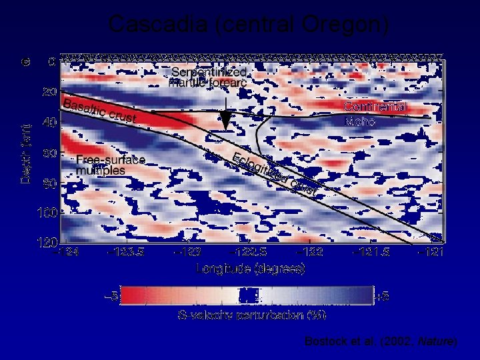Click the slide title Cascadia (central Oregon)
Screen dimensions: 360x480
[248, 25]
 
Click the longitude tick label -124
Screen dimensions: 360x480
[67, 252]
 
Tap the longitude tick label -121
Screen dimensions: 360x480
[430, 252]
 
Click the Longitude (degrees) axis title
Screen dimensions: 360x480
[251, 269]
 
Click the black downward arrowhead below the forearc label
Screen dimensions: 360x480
[227, 121]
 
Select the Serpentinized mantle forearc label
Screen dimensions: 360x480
[209, 77]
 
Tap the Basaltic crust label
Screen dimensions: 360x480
[100, 111]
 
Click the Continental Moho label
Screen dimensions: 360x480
[375, 114]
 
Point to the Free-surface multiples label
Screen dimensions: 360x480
[110, 165]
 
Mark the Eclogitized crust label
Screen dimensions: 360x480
[273, 174]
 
